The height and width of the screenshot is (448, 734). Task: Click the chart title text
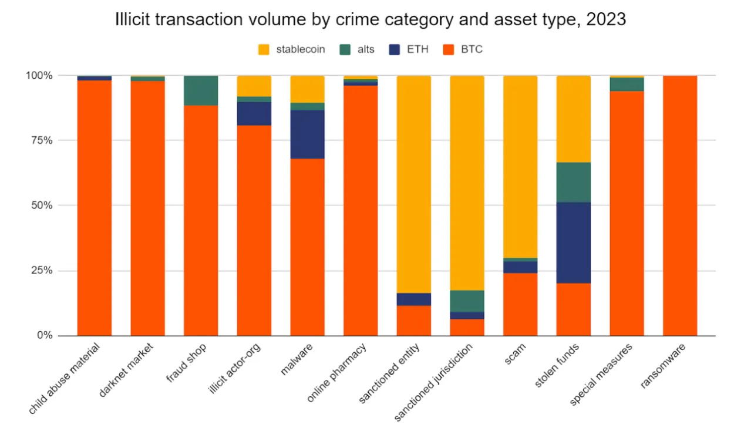[x=370, y=19]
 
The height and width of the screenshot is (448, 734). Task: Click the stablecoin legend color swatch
[x=264, y=49]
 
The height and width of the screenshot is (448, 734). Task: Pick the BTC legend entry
[x=462, y=49]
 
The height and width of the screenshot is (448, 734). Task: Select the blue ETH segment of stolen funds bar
[x=573, y=242]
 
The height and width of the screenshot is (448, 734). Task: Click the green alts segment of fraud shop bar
[x=201, y=90]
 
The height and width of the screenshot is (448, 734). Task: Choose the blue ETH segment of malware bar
[x=307, y=134]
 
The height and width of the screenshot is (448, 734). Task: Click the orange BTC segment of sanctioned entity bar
[x=413, y=321]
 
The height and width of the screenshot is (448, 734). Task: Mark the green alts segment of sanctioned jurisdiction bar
[x=467, y=301]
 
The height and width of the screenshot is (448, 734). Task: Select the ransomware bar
[x=680, y=206]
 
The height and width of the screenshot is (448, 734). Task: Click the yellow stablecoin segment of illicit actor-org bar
[x=254, y=86]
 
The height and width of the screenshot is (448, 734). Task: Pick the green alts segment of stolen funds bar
[x=573, y=182]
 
